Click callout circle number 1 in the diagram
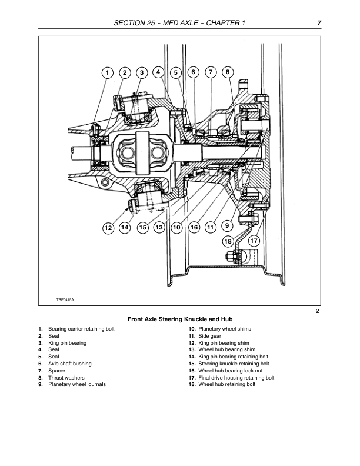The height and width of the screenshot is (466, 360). point(107,73)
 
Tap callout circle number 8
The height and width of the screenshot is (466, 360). point(228,72)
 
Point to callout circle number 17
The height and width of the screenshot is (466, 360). point(254,241)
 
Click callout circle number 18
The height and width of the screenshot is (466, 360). point(228,241)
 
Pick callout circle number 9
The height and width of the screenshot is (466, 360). point(228,225)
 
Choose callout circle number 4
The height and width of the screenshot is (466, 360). point(158,72)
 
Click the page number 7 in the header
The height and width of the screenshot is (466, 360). point(318,22)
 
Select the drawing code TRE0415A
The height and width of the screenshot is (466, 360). point(65,300)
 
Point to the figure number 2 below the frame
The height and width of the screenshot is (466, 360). point(317,311)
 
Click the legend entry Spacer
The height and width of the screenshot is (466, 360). point(56,371)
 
